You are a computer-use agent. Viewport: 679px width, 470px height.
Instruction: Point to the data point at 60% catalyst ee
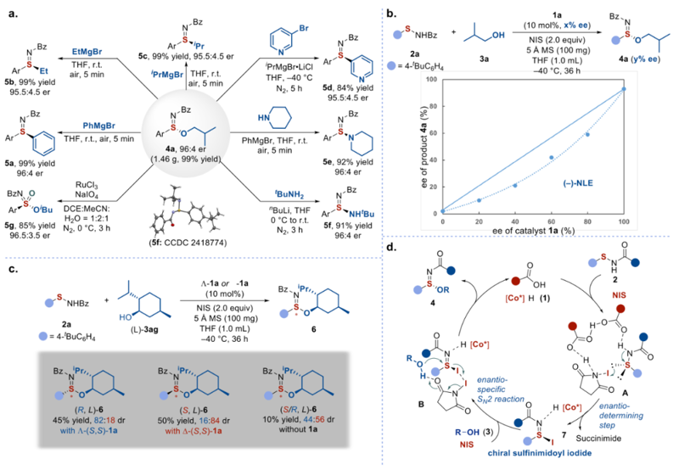coord(551,157)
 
